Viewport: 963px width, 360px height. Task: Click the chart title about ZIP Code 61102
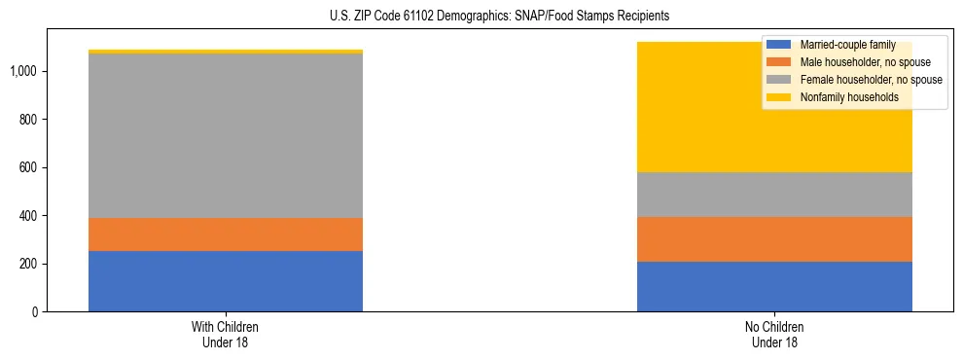click(x=482, y=17)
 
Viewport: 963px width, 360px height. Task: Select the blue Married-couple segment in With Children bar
click(x=226, y=281)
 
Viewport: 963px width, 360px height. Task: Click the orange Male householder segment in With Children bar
click(x=226, y=234)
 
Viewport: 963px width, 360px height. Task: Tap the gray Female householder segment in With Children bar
click(x=226, y=136)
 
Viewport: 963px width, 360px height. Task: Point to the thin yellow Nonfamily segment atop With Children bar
click(x=226, y=52)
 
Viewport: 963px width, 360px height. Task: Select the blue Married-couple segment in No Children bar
click(x=774, y=286)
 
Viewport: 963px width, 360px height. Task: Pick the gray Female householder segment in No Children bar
click(x=774, y=195)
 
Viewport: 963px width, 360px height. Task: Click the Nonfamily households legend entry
click(x=841, y=97)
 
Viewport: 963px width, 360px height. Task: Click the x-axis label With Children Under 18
click(x=226, y=335)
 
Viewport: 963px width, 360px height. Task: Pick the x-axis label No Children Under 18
click(x=774, y=335)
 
